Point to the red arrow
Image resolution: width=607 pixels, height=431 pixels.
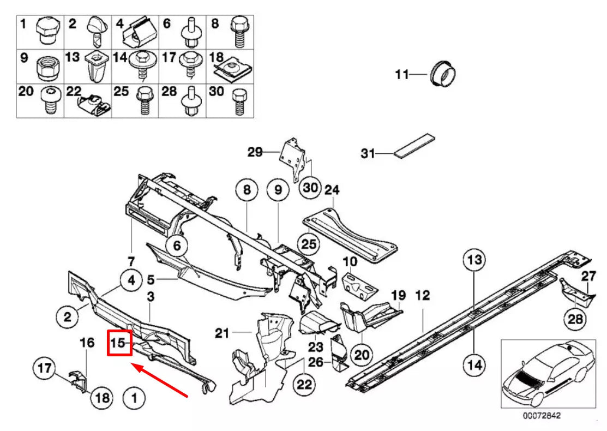coord(160,381)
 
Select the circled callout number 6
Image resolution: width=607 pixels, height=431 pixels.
coord(177,247)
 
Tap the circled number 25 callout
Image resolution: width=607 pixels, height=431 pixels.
coord(309,244)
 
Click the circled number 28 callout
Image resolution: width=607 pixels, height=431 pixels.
coord(575,319)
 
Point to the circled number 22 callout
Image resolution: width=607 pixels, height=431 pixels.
coord(304,385)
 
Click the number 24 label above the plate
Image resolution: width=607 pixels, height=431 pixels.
coord(332,190)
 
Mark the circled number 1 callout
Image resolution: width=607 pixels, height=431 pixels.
coord(134,398)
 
